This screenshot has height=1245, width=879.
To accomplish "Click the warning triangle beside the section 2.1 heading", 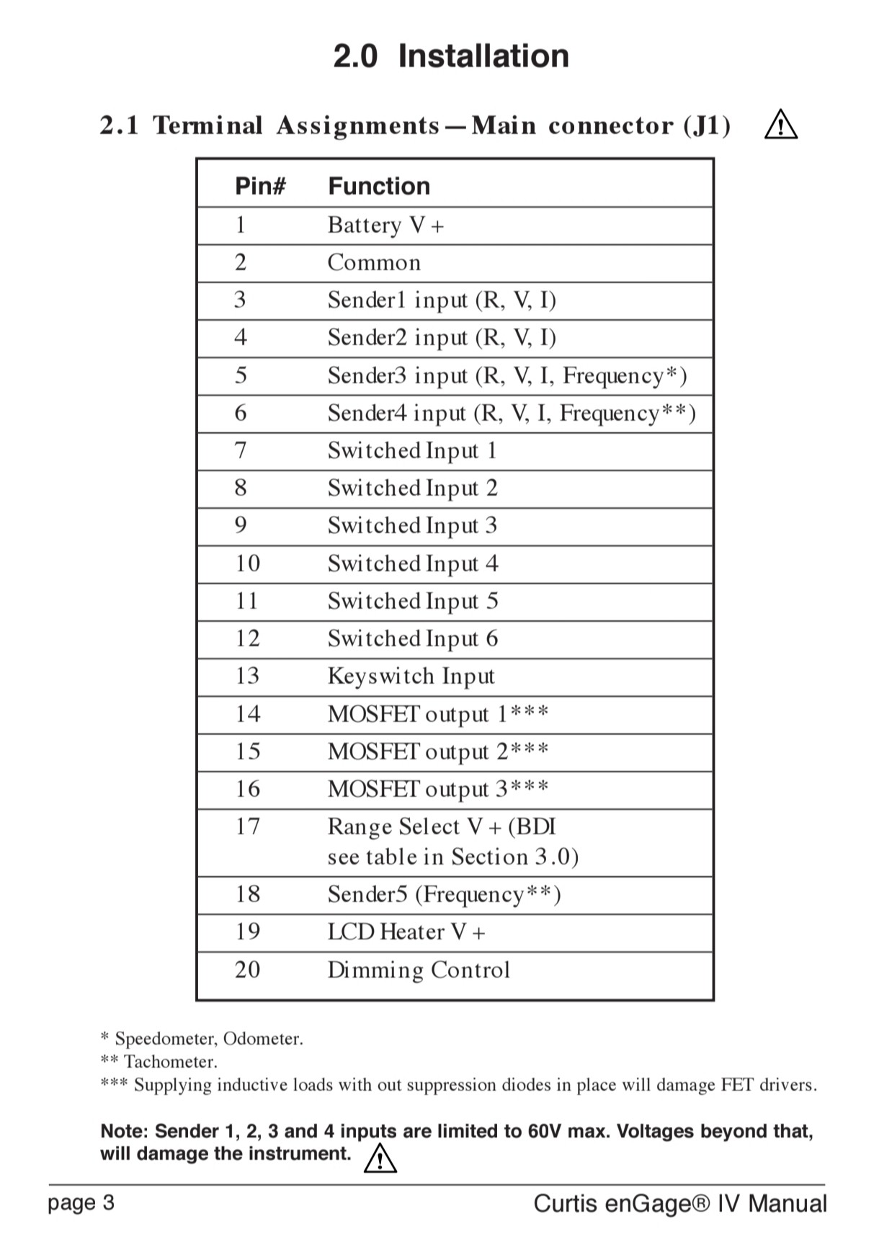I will pyautogui.click(x=781, y=125).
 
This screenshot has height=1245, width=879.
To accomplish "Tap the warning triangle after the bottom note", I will pyautogui.click(x=380, y=1159).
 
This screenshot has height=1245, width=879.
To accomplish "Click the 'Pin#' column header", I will pyautogui.click(x=260, y=186).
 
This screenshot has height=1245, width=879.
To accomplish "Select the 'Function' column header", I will pyautogui.click(x=379, y=186).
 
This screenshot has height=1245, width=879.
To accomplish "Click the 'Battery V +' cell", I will pyautogui.click(x=385, y=226).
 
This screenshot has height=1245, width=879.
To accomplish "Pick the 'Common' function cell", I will pyautogui.click(x=374, y=262).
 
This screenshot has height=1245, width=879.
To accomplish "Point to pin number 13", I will pyautogui.click(x=247, y=676).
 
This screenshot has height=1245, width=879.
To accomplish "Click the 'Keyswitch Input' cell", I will pyautogui.click(x=411, y=676).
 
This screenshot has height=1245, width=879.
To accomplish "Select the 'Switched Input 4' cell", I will pyautogui.click(x=413, y=563).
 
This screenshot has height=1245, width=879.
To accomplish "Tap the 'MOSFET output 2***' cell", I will pyautogui.click(x=438, y=751).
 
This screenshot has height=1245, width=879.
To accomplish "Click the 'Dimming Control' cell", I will pyautogui.click(x=419, y=970).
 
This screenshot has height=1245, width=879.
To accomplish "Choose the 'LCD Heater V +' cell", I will pyautogui.click(x=406, y=932).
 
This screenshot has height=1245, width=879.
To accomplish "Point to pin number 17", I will pyautogui.click(x=247, y=826).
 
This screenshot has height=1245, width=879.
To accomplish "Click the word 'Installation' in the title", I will pyautogui.click(x=483, y=56).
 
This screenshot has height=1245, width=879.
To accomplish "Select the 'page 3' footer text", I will pyautogui.click(x=81, y=1202).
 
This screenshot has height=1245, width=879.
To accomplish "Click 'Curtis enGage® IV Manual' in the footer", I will pyautogui.click(x=679, y=1203).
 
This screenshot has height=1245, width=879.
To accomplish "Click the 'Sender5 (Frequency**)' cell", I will pyautogui.click(x=444, y=894).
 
